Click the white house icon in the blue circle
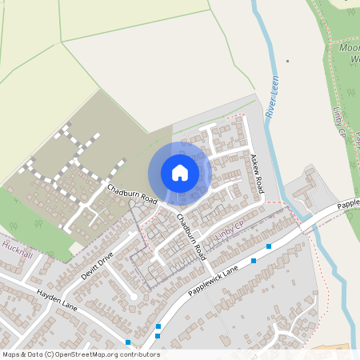(179, 173)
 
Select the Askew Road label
(257, 174)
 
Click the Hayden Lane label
(56, 301)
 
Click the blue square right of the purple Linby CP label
(269, 246)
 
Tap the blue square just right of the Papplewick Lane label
(254, 261)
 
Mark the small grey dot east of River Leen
(287, 61)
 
